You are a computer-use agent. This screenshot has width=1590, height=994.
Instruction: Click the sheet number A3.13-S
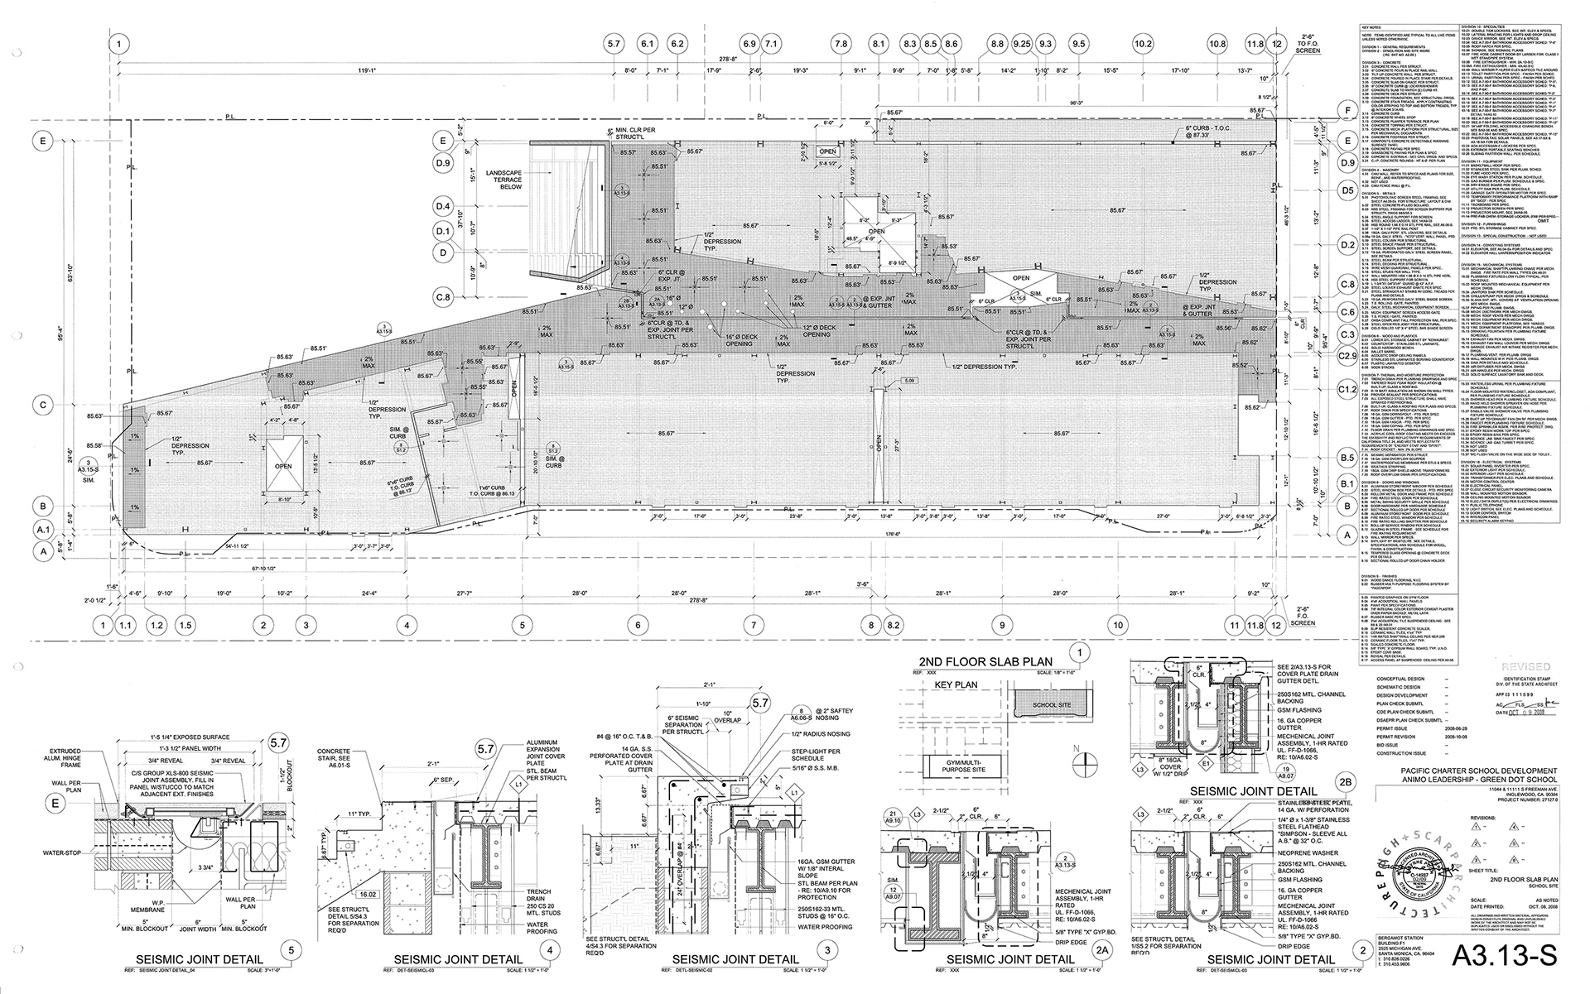coord(1505,954)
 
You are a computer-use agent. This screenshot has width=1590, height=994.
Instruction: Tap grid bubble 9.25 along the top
coord(1021,43)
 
